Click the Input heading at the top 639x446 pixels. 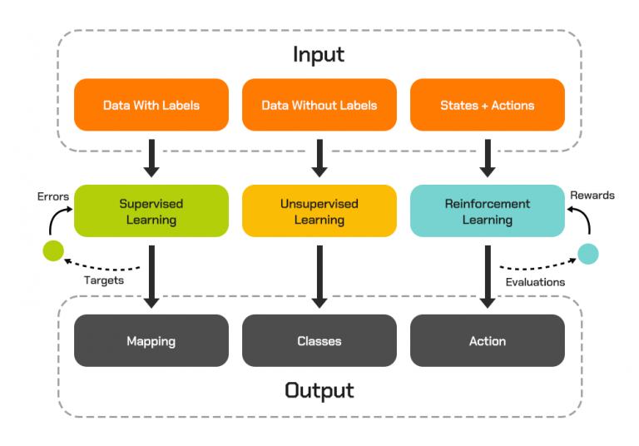[x=319, y=55]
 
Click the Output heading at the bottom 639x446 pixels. [x=319, y=389]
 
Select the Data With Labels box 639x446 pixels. [x=151, y=105]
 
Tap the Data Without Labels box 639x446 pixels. [x=319, y=105]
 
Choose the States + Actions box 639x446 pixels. [x=487, y=105]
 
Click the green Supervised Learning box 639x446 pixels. [x=151, y=211]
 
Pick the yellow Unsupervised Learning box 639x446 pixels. [x=319, y=211]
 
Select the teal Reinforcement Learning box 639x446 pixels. [x=487, y=211]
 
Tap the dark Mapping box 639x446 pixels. [x=151, y=340]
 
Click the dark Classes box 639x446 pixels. [x=319, y=340]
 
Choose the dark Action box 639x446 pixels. [x=487, y=340]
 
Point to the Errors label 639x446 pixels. [x=53, y=196]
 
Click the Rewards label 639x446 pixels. [x=592, y=195]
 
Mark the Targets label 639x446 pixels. [x=104, y=280]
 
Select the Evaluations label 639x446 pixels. [x=535, y=281]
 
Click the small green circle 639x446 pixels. [x=52, y=250]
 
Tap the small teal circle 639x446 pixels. [x=588, y=253]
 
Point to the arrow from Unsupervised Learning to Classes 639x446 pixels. [x=319, y=275]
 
